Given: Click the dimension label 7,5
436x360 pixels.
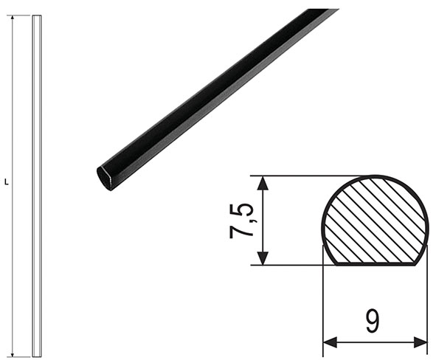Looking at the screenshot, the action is (x=241, y=221).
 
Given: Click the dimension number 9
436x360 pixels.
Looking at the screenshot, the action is (x=373, y=321).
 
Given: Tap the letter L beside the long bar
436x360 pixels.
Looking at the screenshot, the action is (x=7, y=182).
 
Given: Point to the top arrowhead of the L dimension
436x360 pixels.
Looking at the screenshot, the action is (x=12, y=18).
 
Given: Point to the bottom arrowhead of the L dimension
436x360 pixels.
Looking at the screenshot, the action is (x=12, y=353).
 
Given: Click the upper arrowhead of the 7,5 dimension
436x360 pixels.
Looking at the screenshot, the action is (x=263, y=183).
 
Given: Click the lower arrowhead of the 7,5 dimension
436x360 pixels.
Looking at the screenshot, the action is (x=263, y=258).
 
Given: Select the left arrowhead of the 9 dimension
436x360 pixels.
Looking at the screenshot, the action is (x=330, y=342).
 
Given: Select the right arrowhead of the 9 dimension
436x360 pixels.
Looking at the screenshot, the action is (x=421, y=342).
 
